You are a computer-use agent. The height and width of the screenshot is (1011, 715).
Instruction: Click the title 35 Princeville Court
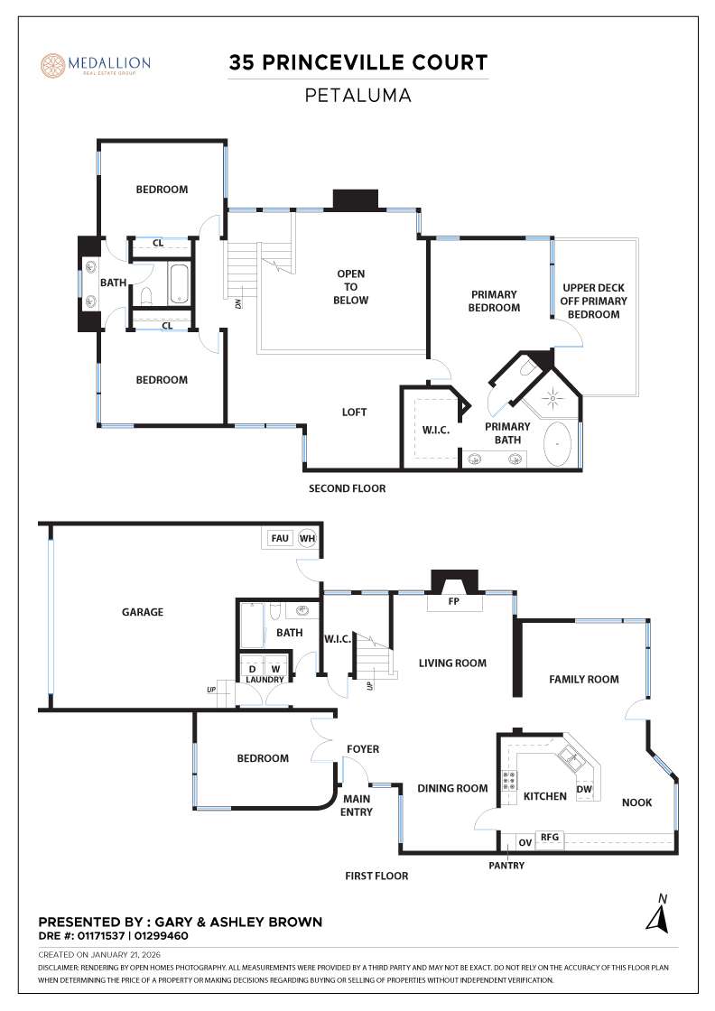click(x=357, y=63)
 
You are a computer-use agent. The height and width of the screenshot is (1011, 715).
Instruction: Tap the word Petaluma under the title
click(x=357, y=95)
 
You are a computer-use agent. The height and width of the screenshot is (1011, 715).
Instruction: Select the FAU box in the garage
click(x=280, y=538)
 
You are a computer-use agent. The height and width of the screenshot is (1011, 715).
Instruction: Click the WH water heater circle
click(x=307, y=538)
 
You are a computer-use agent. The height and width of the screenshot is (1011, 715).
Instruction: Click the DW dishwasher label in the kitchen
click(x=584, y=789)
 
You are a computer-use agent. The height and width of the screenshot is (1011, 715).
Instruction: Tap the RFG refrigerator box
click(x=549, y=838)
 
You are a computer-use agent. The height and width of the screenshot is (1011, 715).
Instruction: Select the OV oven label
click(x=525, y=843)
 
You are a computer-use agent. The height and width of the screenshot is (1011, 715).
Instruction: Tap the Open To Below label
click(x=352, y=287)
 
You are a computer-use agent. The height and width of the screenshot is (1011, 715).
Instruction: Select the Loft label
click(x=354, y=413)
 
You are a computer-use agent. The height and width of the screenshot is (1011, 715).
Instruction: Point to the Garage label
click(x=143, y=612)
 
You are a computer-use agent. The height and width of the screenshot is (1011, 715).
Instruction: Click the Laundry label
click(x=265, y=680)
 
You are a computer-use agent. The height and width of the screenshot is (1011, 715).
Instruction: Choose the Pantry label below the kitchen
click(x=506, y=866)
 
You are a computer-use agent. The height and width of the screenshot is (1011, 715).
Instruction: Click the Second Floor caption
click(x=347, y=488)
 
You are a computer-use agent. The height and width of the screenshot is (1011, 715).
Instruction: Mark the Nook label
click(x=636, y=802)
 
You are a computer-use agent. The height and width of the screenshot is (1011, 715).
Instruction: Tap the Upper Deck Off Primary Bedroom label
click(x=593, y=301)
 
